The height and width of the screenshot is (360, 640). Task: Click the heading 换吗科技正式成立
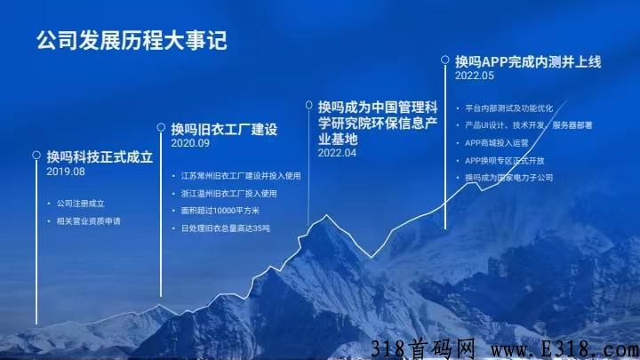(x=100, y=156)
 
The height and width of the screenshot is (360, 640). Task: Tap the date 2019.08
(x=66, y=172)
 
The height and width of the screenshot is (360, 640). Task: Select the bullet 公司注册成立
(x=77, y=203)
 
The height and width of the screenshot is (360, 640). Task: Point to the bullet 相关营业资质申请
(x=87, y=219)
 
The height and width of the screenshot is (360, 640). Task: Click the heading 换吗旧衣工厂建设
(x=225, y=128)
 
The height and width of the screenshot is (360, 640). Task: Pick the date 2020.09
(x=190, y=143)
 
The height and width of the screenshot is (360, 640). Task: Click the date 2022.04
(x=337, y=153)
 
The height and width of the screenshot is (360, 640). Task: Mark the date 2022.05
(x=474, y=76)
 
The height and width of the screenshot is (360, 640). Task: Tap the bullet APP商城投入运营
(x=500, y=142)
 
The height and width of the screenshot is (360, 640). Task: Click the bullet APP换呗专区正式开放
(x=508, y=160)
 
